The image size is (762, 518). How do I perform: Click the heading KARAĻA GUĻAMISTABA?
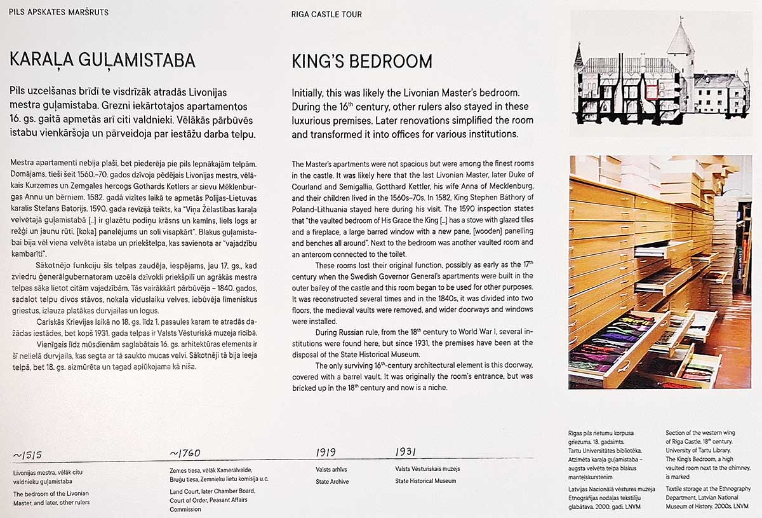[102, 60]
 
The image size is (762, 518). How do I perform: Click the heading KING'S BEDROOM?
[362, 62]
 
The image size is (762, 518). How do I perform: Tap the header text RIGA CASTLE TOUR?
[326, 14]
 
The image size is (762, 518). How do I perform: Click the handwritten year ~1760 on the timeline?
[185, 453]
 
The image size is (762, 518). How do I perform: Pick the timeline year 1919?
[326, 453]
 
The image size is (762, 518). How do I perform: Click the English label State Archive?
[332, 482]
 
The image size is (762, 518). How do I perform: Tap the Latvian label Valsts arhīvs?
[331, 469]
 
